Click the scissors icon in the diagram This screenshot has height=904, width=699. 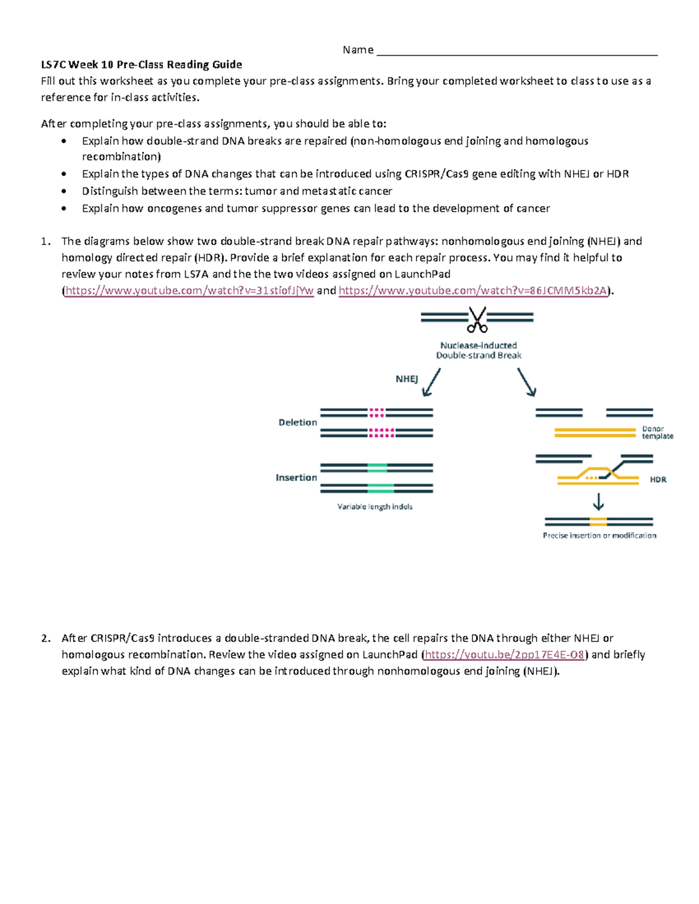click(477, 320)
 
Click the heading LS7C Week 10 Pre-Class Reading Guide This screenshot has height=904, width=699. click(142, 65)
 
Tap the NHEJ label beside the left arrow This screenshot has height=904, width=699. click(407, 379)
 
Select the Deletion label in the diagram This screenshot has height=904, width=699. click(298, 423)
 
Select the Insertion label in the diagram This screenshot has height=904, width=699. click(296, 477)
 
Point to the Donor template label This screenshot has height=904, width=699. click(657, 432)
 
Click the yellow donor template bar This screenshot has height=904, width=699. click(594, 432)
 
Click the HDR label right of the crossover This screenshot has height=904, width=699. click(658, 480)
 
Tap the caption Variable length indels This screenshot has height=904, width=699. click(375, 507)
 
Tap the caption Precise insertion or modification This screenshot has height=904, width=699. click(599, 536)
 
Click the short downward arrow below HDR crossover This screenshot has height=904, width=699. click(598, 502)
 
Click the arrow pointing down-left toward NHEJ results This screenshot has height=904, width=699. click(431, 382)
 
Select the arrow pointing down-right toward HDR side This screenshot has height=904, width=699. click(527, 382)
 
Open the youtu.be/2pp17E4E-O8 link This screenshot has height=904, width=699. click(504, 655)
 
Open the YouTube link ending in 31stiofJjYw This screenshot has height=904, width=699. click(189, 291)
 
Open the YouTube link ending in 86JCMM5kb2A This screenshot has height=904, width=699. click(473, 291)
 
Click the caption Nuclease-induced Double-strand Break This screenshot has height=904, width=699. click(478, 350)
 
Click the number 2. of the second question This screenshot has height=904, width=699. click(46, 639)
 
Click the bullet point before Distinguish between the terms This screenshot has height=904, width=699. click(64, 192)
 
